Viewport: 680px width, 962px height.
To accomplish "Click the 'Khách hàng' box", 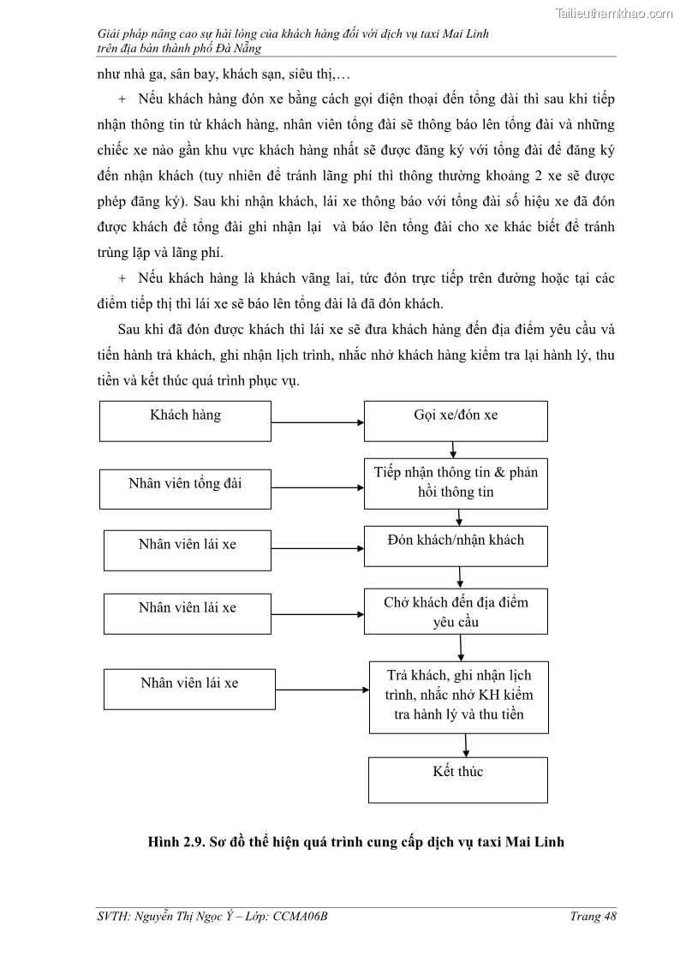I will pyautogui.click(x=186, y=421).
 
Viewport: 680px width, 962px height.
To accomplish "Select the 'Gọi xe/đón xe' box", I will pyautogui.click(x=456, y=421).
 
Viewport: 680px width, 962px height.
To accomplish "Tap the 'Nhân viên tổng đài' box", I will pyautogui.click(x=186, y=488).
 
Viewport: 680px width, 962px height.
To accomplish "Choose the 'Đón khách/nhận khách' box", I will pyautogui.click(x=456, y=546).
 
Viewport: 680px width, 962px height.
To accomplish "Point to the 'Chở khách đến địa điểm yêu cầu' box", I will pyautogui.click(x=456, y=611).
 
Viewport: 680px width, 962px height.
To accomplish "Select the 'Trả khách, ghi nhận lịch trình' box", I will pyautogui.click(x=459, y=696).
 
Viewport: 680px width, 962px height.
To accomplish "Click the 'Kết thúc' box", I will pyautogui.click(x=458, y=779).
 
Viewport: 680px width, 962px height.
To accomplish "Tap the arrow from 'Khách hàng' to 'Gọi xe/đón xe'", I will pyautogui.click(x=318, y=422).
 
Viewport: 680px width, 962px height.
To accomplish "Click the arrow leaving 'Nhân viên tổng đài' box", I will pyautogui.click(x=318, y=487).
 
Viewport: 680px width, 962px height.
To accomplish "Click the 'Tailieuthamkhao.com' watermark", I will pyautogui.click(x=614, y=13).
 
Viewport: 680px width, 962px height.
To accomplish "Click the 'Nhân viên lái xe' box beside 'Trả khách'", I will pyautogui.click(x=188, y=690).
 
